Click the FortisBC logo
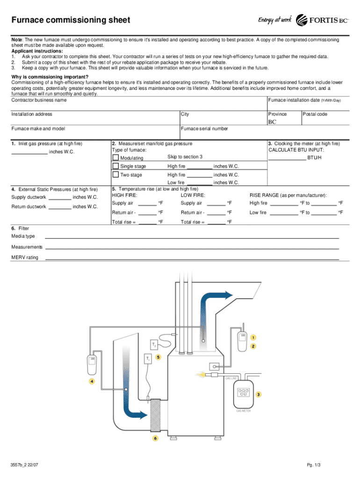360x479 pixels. tap(323, 20)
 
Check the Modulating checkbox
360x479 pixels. tap(115, 157)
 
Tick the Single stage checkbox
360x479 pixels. tap(115, 166)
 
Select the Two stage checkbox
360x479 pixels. tap(115, 174)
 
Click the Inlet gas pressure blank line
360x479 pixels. tap(29, 152)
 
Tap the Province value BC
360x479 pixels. tap(272, 123)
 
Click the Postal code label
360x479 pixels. tap(316, 114)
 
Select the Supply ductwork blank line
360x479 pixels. tap(60, 198)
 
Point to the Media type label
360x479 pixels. tap(23, 236)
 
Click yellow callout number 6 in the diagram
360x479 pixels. tap(155, 438)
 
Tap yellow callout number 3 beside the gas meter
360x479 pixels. tap(258, 394)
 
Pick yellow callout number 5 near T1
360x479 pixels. tap(158, 357)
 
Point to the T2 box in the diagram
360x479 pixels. tap(154, 345)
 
